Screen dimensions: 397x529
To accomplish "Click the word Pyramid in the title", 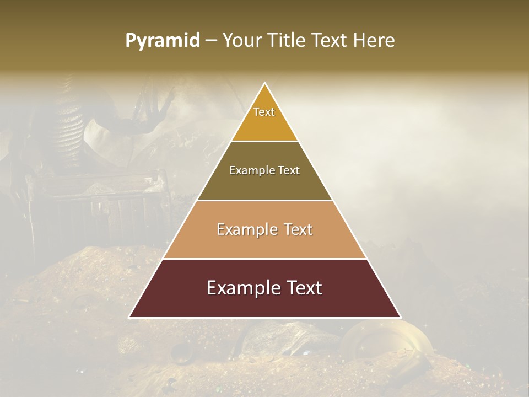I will click(162, 41).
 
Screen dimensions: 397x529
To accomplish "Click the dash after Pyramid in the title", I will click(210, 41).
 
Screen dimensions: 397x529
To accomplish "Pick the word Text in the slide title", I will click(331, 41).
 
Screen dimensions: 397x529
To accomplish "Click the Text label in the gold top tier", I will click(264, 112).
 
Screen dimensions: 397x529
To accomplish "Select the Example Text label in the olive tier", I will click(264, 170).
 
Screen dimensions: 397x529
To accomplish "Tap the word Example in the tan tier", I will click(245, 229).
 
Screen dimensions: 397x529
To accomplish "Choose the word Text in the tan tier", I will click(295, 229).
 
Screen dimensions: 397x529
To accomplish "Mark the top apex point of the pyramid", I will click(265, 83).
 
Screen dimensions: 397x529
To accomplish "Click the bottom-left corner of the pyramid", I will click(129, 317).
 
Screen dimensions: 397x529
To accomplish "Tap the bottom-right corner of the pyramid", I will click(401, 317).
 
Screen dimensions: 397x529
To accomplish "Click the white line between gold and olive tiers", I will click(264, 142).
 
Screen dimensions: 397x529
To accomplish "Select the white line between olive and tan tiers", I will click(264, 200).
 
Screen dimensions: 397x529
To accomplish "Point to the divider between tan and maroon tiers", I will click(264, 259).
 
